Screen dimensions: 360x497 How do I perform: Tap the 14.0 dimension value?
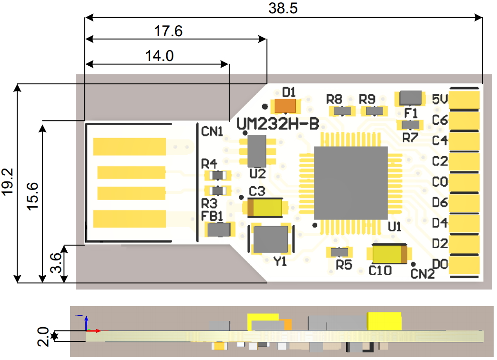pos(159,56)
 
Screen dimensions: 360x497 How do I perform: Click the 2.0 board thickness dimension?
pos(42,336)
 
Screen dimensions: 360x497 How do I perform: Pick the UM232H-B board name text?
pos(278,124)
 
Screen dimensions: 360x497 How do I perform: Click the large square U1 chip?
pos(351,183)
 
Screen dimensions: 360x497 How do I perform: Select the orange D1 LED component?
pos(286,106)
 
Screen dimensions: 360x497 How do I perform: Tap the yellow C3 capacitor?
pos(266,208)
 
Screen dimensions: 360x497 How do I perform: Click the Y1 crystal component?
pos(271,239)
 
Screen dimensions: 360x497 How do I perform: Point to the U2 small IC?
pos(257,150)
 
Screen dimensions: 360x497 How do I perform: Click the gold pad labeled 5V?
pos(465,100)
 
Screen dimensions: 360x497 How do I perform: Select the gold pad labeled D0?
pos(465,264)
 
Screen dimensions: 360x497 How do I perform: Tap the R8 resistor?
pos(342,111)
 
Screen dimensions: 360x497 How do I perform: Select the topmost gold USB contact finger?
pos(129,147)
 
